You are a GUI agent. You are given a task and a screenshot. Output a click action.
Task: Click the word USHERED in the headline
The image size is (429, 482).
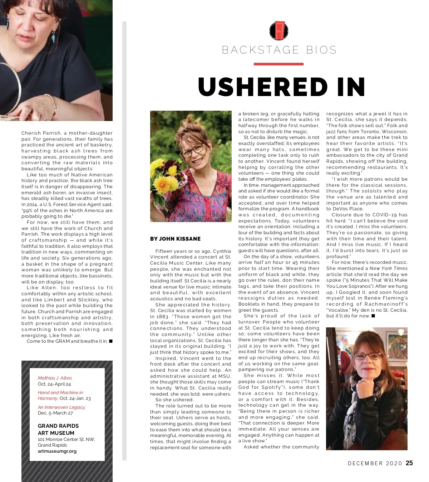click(x=262, y=87)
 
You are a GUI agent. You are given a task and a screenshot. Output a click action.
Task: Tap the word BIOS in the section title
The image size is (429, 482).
click(x=321, y=50)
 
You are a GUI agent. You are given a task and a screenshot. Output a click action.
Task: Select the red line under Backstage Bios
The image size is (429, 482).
click(x=278, y=64)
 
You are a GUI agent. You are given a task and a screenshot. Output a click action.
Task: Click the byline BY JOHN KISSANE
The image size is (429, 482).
click(x=175, y=239)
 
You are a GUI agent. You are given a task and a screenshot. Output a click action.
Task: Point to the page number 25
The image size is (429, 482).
click(x=409, y=463)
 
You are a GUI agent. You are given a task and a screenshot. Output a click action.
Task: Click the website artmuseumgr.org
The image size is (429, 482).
click(x=57, y=451)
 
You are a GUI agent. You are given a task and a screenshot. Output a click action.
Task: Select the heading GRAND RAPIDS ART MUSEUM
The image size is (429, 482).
click(x=58, y=429)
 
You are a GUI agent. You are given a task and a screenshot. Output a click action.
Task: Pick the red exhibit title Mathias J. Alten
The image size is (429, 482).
click(x=55, y=378)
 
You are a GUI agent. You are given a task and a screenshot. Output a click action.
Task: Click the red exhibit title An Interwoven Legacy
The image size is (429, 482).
click(x=61, y=407)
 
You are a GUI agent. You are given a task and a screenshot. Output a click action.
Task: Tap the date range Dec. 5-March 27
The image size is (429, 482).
click(x=55, y=413)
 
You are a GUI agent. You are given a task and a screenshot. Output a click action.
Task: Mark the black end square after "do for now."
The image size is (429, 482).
click(x=373, y=316)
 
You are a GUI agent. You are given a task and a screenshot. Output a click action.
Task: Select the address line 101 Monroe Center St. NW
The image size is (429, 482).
click(x=66, y=440)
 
